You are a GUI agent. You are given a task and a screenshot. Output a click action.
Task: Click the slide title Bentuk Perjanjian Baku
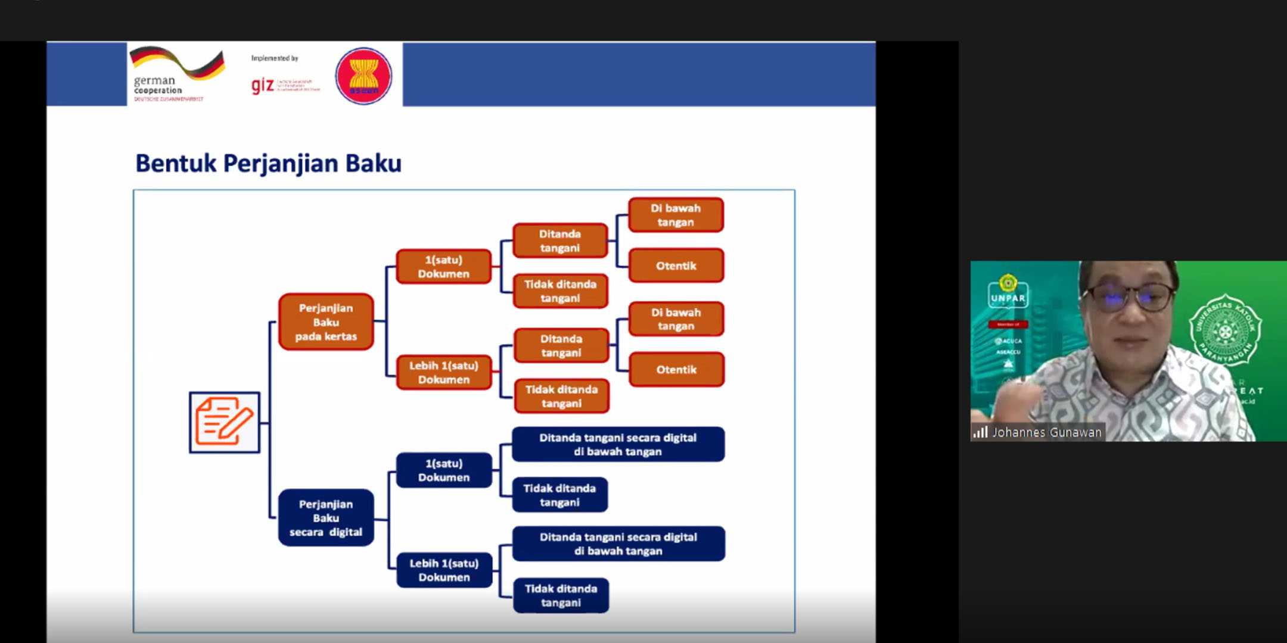pos(268,163)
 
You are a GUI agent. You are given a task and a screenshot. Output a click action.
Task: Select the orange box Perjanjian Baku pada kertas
pos(326,322)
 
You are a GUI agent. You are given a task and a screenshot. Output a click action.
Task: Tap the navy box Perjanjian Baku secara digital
pos(326,518)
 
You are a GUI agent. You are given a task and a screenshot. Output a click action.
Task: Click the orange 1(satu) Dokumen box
pos(443,267)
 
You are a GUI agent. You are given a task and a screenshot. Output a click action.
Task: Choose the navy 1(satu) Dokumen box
pos(444,470)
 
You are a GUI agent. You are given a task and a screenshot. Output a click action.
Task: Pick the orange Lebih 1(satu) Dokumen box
pos(444,373)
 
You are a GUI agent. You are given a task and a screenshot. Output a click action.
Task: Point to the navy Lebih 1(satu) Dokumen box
pos(444,570)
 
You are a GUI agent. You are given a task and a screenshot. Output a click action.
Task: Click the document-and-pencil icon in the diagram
pos(225,422)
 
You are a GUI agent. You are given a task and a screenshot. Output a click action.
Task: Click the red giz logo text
pos(263,85)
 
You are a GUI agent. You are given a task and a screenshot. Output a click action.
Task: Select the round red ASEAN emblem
pos(363,76)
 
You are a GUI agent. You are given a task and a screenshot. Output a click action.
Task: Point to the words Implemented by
pos(275,58)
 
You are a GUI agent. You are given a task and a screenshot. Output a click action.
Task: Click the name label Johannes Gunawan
pos(1046,433)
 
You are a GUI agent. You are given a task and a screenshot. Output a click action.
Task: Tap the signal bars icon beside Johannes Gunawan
pos(980,432)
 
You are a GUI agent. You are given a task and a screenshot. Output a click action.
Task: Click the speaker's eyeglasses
pos(1129,296)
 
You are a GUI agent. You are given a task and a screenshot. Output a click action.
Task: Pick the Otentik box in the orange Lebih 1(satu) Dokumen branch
pos(676,370)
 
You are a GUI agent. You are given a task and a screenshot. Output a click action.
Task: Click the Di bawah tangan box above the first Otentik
pos(676,215)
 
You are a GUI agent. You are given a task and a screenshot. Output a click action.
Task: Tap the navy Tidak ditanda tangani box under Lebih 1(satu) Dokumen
pos(561,595)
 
